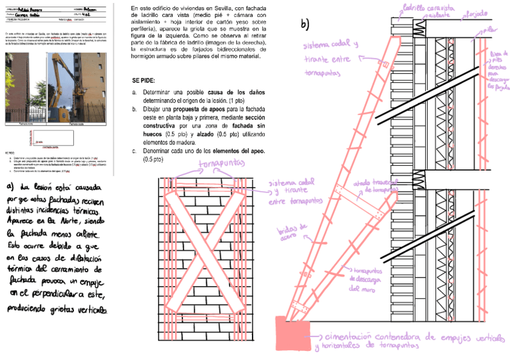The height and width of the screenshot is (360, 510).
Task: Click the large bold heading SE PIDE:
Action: pos(143,80)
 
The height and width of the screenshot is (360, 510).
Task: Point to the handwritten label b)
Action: pos(305,24)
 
